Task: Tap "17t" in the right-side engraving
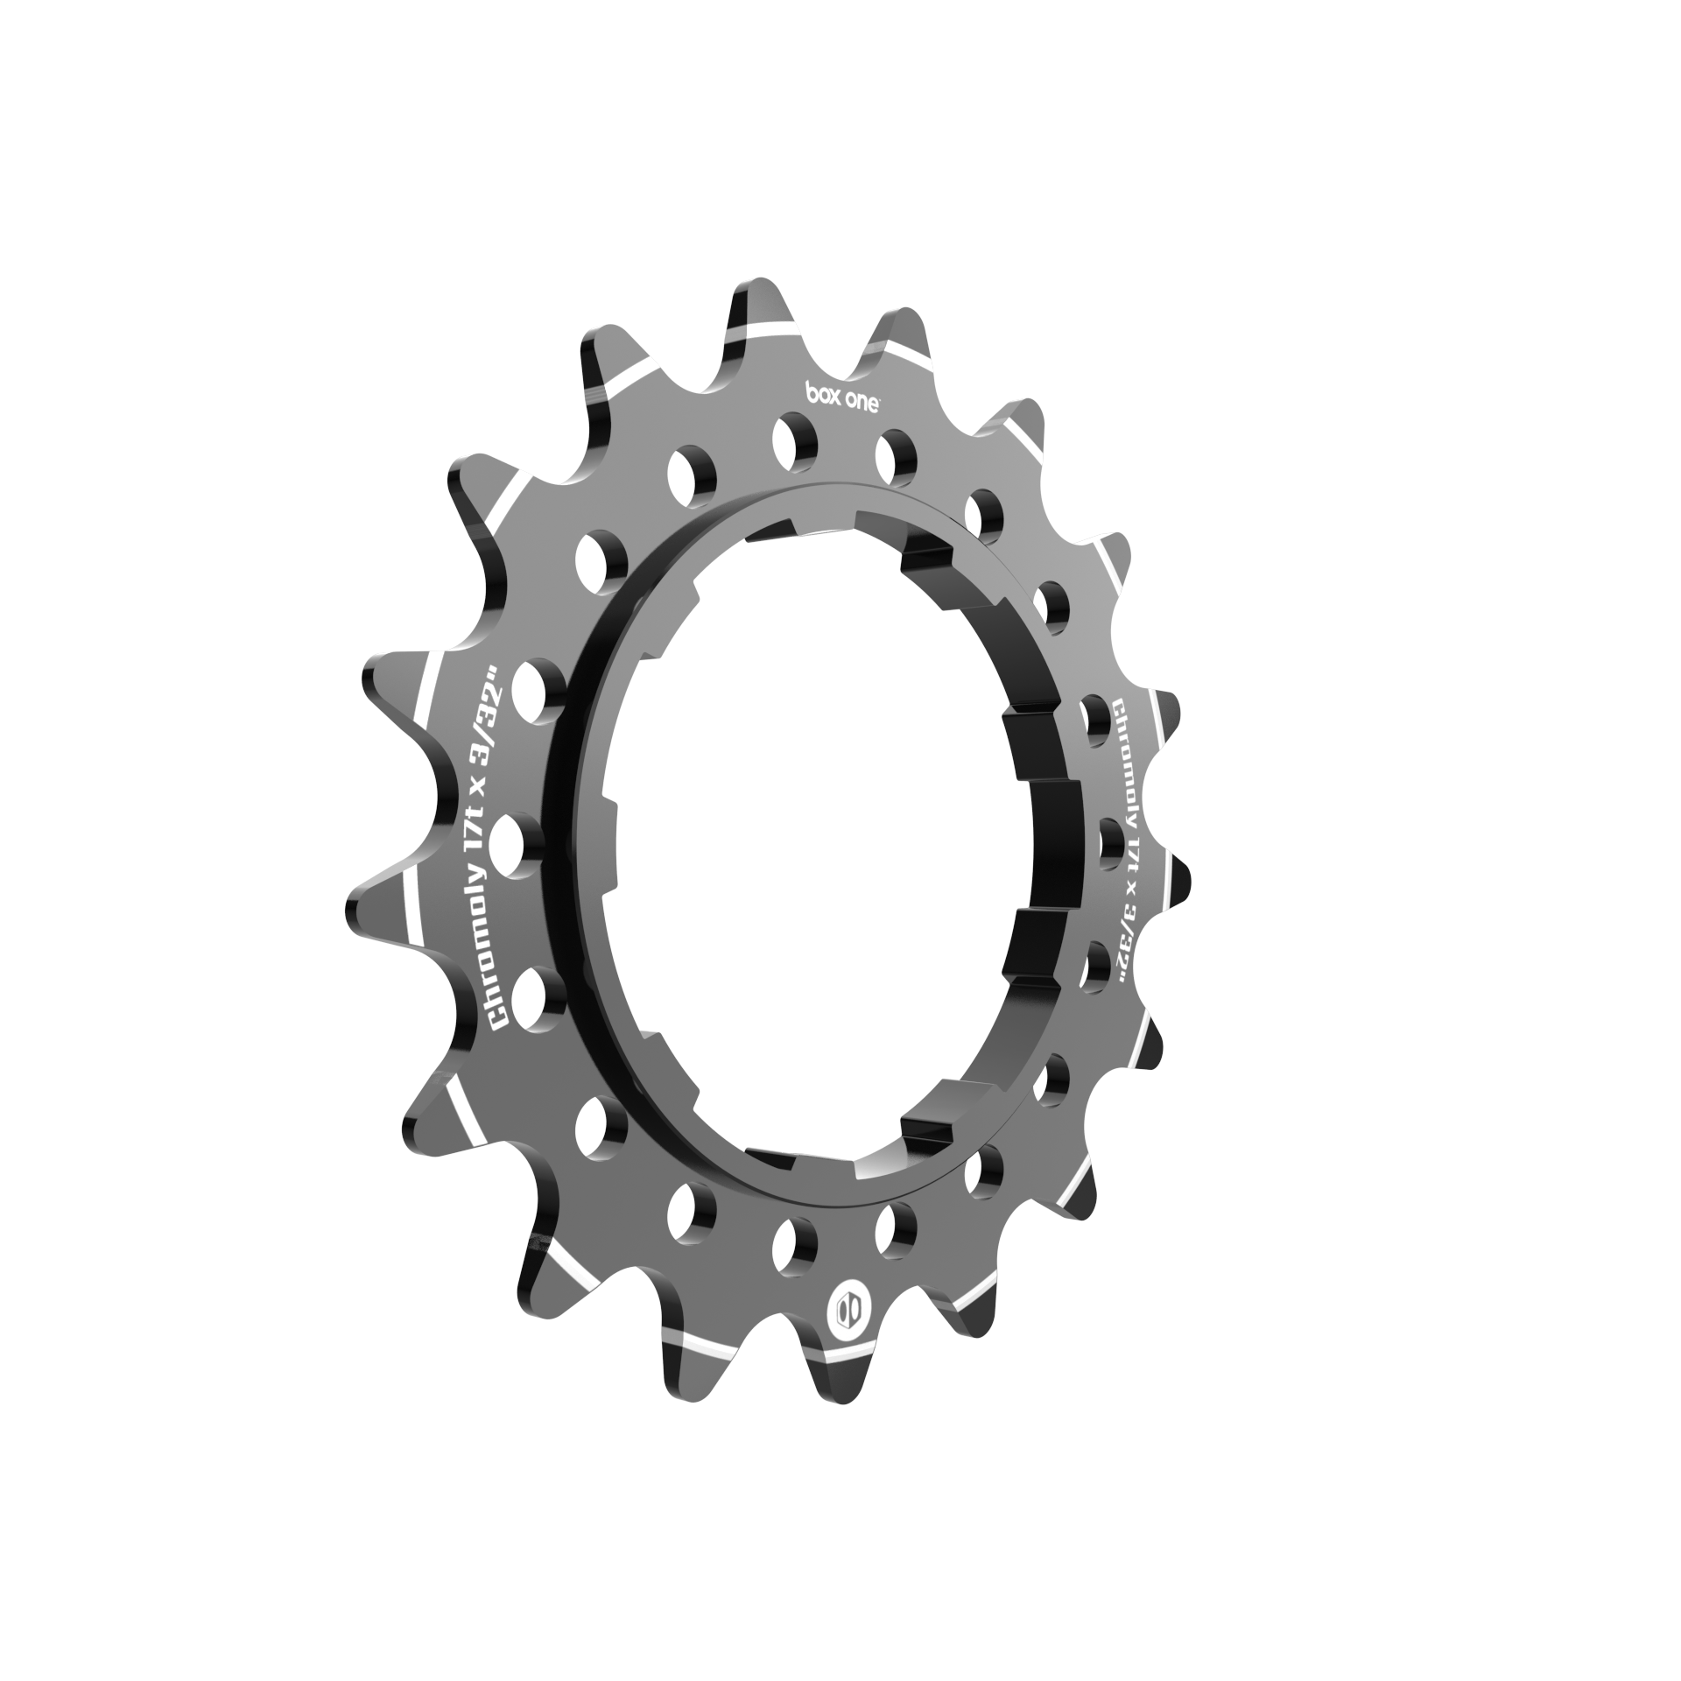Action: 1132,847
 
